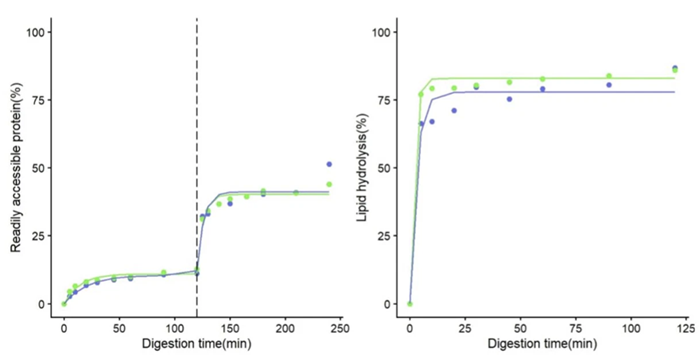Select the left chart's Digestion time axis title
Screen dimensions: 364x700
click(x=196, y=344)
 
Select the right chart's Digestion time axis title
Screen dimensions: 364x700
click(x=545, y=344)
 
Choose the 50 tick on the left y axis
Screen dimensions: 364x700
click(x=40, y=168)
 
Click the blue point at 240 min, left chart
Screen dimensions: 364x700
click(x=329, y=164)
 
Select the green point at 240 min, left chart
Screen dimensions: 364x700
click(x=329, y=184)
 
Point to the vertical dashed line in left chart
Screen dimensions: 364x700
click(x=196, y=150)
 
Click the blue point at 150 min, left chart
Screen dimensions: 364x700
click(x=230, y=203)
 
